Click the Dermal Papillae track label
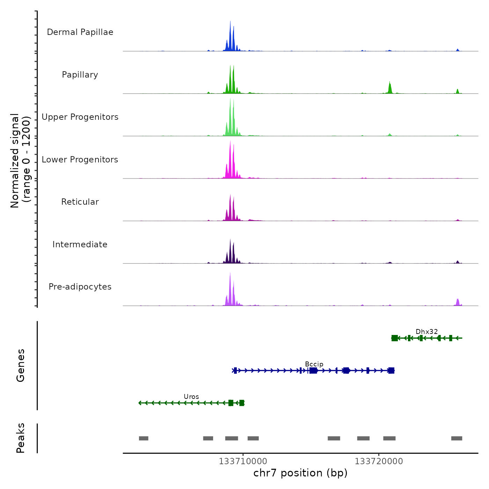(80, 32)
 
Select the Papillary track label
(80, 75)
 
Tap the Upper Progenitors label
(80, 117)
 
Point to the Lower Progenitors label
(80, 160)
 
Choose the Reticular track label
(80, 202)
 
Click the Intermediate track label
(80, 245)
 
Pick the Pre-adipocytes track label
(80, 287)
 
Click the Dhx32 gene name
(426, 331)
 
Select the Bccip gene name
(314, 364)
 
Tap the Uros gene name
(191, 396)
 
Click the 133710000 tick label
(243, 461)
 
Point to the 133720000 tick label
(379, 461)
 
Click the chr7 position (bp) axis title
(300, 473)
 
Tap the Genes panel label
(20, 365)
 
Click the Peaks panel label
(20, 438)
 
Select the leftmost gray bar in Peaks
(144, 438)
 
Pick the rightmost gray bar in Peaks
(457, 438)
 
